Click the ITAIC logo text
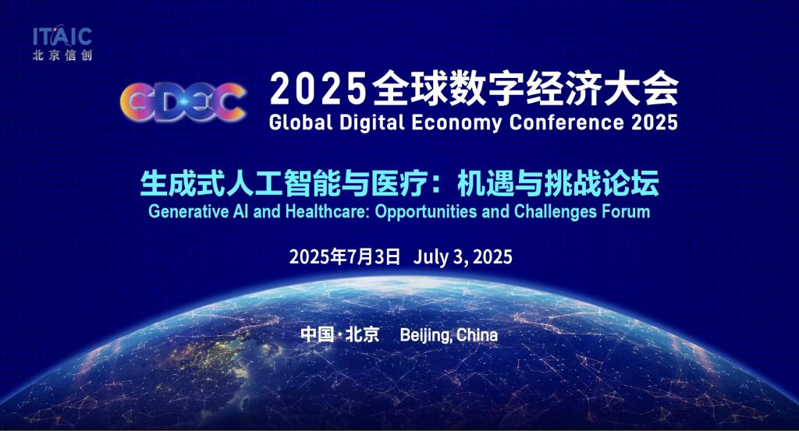tap(62, 37)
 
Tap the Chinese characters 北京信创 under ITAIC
tap(62, 55)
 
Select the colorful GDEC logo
tap(183, 102)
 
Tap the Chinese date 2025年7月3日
tap(345, 256)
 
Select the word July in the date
tap(430, 257)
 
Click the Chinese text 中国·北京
tap(340, 334)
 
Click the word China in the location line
tap(478, 335)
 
